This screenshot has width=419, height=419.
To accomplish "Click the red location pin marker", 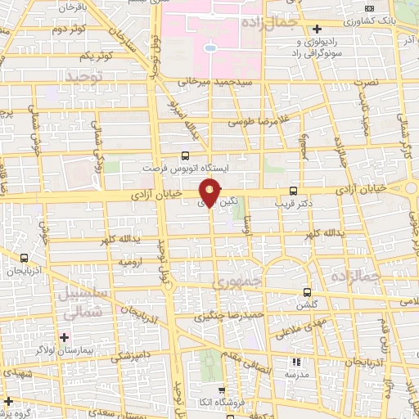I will pos(209,193).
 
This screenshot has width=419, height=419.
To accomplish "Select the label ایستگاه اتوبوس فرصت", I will pos(185,166).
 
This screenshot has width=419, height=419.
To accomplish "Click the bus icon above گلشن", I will pos(307,292).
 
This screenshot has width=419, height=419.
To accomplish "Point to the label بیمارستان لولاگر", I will pos(65,349).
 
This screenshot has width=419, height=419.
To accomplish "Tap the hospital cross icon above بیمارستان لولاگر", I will pos(65,337).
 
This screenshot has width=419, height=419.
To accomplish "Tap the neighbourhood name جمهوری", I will pos(237,282).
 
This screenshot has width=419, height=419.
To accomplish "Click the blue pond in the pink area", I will pos(210,48).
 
